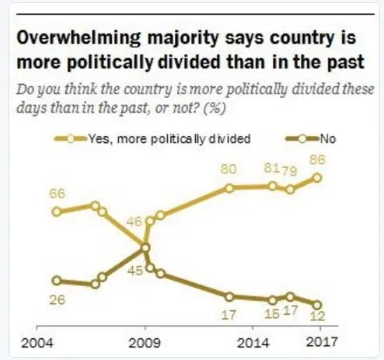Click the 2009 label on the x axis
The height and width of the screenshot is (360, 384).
(146, 342)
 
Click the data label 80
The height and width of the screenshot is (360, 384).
(229, 169)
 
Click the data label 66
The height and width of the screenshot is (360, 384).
(57, 194)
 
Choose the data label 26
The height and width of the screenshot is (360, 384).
(57, 299)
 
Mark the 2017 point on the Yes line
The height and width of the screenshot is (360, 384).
(317, 177)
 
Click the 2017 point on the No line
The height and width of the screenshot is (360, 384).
(317, 305)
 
